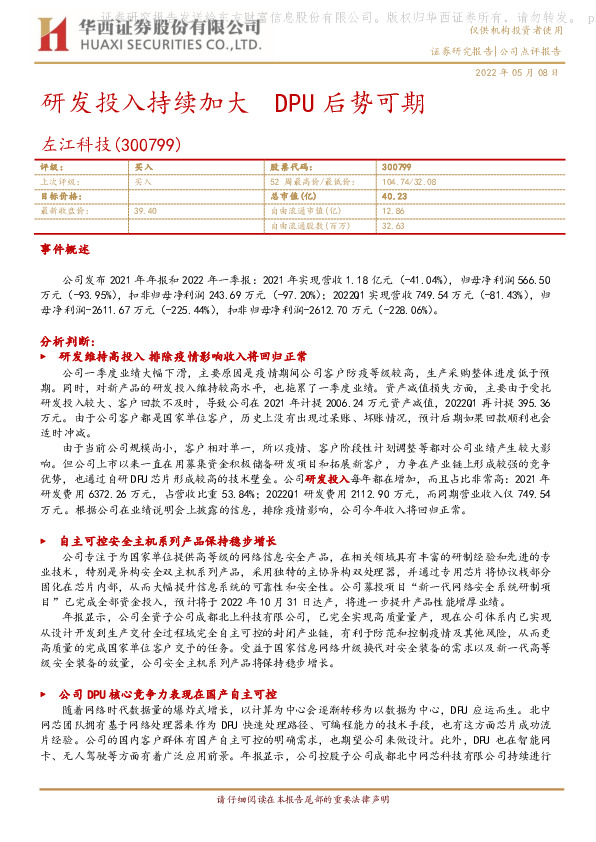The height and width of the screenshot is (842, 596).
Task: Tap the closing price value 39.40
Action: tap(145, 211)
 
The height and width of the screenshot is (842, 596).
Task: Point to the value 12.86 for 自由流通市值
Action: tap(392, 211)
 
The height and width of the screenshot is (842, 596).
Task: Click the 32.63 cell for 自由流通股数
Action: tap(392, 226)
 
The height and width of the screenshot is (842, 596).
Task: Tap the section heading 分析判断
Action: tap(64, 342)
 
